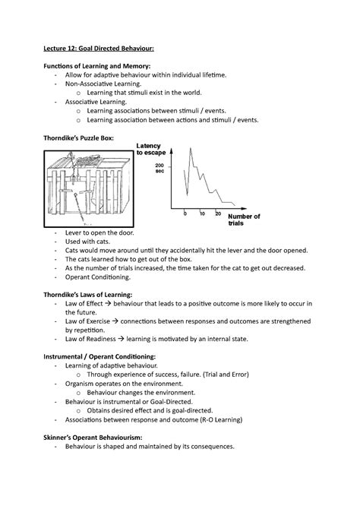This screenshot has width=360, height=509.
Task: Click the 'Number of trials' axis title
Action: (244, 220)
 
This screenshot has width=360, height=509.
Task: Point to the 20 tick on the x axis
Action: (219, 213)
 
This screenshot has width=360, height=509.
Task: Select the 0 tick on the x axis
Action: (185, 213)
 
